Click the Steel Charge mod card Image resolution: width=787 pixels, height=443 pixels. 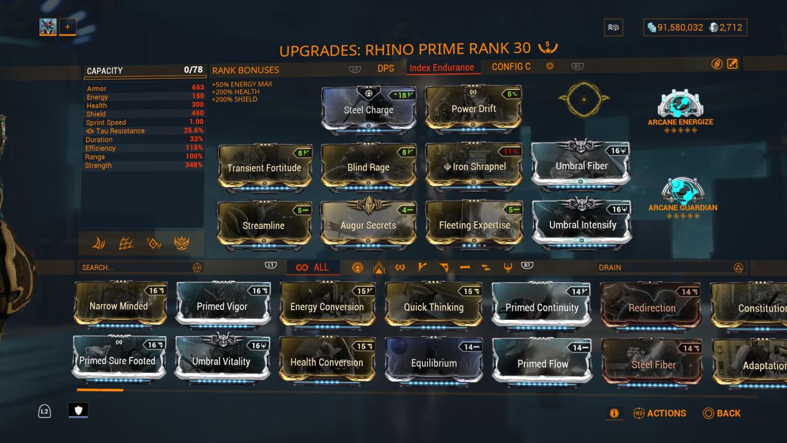click(x=368, y=110)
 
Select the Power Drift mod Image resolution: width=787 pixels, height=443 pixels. click(x=473, y=109)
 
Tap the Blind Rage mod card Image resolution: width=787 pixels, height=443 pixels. click(x=368, y=167)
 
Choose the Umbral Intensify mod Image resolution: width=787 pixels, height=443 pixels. click(x=582, y=225)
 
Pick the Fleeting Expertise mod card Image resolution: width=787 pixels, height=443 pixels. click(x=474, y=225)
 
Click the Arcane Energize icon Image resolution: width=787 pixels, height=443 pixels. click(x=680, y=105)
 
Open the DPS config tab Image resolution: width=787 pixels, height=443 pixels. click(x=386, y=68)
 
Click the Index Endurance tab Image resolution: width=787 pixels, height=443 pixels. click(x=441, y=68)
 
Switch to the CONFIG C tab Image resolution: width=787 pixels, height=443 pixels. click(x=511, y=66)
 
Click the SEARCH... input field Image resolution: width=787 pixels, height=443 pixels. click(x=135, y=267)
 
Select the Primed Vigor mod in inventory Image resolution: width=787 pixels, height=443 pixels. click(x=222, y=306)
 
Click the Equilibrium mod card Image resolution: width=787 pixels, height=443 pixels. click(x=433, y=363)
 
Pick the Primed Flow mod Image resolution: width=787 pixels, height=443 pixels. click(x=542, y=364)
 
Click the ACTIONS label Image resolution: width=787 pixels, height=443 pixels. click(x=666, y=413)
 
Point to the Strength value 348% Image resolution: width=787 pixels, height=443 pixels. click(x=194, y=166)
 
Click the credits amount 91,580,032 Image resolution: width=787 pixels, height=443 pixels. click(x=680, y=28)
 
